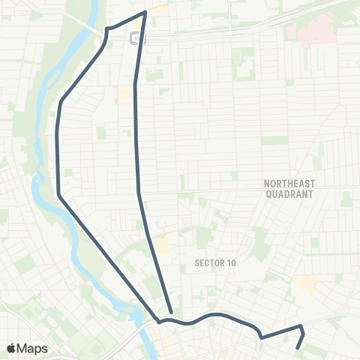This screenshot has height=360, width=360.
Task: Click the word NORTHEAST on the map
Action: pos(290,183)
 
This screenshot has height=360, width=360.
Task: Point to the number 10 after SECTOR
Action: pos(230,263)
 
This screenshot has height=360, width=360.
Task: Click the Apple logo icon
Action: pos(12,348)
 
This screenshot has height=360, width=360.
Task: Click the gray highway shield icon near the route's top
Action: pos(135,38)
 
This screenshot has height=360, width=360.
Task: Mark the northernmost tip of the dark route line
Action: pos(145,12)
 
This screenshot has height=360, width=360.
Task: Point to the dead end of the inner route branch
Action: pos(172,311)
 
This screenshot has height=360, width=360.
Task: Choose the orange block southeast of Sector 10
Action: pos(306,283)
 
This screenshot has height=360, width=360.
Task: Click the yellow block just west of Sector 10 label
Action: pos(162,247)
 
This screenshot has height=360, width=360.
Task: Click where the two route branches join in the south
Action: pos(159,320)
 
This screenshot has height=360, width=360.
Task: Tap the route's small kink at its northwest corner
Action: pos(106,28)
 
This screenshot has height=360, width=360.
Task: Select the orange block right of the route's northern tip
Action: pos(160,11)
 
